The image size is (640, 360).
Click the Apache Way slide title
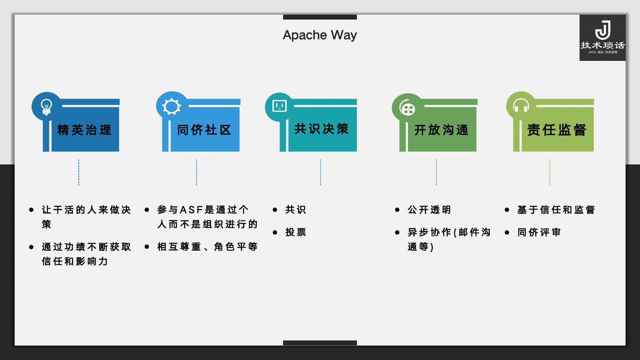tap(320, 35)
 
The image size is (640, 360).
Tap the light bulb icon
tap(46, 107)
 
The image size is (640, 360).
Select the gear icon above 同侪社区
tap(172, 107)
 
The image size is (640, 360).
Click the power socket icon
tap(279, 106)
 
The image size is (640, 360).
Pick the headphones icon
tap(520, 107)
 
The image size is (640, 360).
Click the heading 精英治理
tap(84, 130)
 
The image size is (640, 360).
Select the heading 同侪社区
tap(204, 130)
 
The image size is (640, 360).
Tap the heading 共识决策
tap(321, 129)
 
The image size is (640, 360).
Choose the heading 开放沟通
tap(441, 130)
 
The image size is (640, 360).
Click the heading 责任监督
tap(557, 130)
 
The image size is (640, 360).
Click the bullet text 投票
tap(296, 232)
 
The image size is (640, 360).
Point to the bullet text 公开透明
tap(429, 210)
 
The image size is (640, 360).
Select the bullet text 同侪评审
tap(539, 232)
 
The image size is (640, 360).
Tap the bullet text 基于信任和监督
tap(556, 210)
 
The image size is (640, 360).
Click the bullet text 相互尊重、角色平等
tap(208, 247)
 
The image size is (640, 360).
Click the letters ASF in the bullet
tap(191, 210)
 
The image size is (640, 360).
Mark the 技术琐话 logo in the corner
tap(602, 38)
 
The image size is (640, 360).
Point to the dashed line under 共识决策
tap(320, 172)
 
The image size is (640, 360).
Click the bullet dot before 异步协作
tap(397, 232)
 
